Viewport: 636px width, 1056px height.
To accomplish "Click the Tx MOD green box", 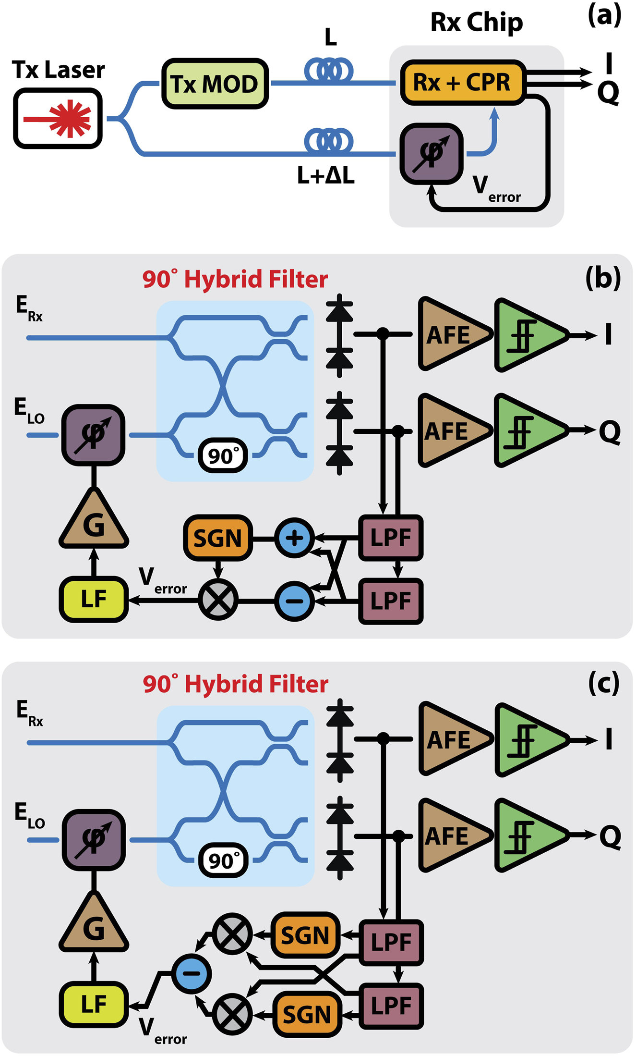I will [215, 84].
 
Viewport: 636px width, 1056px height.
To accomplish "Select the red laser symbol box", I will [58, 118].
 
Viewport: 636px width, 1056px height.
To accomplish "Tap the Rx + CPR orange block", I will [462, 82].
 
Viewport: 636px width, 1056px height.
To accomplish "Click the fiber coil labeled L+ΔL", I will [329, 142].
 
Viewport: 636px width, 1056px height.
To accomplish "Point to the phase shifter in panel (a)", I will [431, 153].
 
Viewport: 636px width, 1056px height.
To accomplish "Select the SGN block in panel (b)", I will [217, 538].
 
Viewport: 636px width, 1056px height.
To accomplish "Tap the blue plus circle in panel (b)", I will [294, 538].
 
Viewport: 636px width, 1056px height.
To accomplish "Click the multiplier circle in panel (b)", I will [218, 600].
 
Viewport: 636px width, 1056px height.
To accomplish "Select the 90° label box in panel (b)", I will [223, 455].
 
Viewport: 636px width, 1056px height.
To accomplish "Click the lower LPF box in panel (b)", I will [391, 601].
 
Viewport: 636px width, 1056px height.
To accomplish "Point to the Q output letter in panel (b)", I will [610, 432].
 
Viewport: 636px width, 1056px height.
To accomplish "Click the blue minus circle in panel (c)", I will [191, 974].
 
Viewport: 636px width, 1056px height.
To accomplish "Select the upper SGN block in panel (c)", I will [305, 935].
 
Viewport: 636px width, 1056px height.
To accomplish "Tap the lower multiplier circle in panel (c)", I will [232, 1014].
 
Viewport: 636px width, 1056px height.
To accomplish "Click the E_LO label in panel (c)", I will [29, 815].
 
